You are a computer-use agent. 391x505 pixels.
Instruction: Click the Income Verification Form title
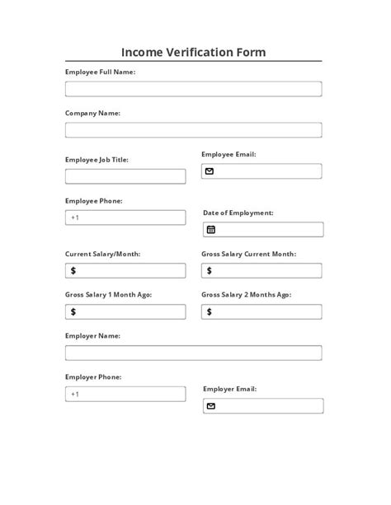point(194,53)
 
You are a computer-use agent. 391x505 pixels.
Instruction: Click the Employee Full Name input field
point(193,89)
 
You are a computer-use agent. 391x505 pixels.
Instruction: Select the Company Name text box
point(193,130)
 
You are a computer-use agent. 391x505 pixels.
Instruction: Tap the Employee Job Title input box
point(125,176)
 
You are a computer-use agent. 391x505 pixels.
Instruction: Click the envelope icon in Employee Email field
point(210,171)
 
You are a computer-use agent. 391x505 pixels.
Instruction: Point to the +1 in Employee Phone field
point(74,217)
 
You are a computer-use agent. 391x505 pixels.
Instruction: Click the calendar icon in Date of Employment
point(210,230)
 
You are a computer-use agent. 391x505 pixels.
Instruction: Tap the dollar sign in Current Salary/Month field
point(73,270)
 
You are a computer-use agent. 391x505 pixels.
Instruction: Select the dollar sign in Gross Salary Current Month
point(210,270)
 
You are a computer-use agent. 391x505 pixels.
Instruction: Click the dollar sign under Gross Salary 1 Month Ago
point(73,311)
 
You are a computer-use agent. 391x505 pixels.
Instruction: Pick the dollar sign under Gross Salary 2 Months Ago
point(210,311)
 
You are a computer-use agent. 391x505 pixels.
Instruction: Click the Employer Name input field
point(193,353)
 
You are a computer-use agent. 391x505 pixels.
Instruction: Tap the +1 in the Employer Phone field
point(74,394)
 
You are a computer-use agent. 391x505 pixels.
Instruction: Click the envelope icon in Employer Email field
point(210,406)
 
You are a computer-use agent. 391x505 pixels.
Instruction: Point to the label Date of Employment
point(238,213)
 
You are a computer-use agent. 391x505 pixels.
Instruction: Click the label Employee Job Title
point(97,159)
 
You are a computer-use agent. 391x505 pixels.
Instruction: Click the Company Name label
point(92,113)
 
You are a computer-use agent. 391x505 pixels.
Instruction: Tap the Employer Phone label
point(93,376)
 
